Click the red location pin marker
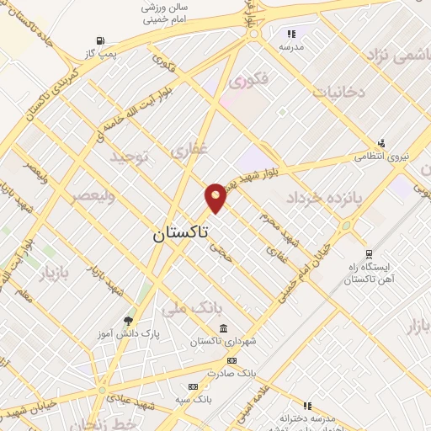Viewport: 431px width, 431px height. click(215, 197)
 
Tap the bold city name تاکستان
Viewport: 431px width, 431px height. click(182, 232)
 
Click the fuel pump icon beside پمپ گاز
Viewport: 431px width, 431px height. click(101, 40)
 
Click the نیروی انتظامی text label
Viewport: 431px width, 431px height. click(381, 156)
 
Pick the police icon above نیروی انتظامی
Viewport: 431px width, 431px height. click(381, 142)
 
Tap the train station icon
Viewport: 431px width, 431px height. click(369, 253)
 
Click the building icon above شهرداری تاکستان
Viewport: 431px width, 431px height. click(223, 328)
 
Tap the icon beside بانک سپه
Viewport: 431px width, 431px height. click(193, 386)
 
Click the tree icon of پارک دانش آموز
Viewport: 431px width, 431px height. click(128, 320)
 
